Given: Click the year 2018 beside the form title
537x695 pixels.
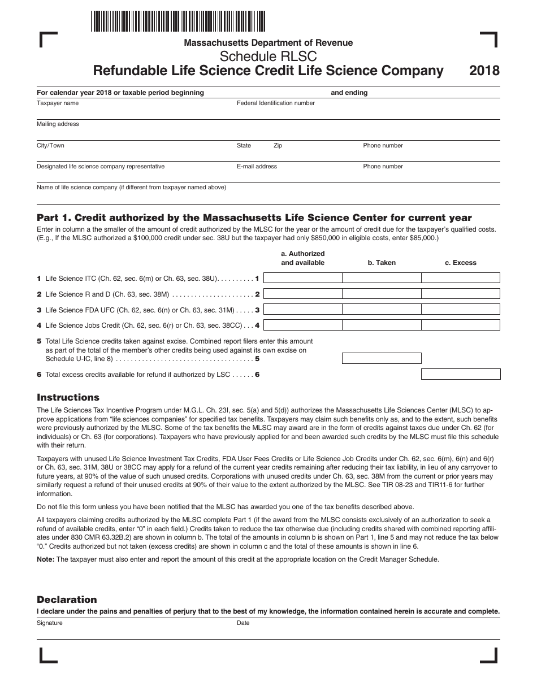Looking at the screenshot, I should (484, 71).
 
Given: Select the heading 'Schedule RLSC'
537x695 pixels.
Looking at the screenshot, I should (268, 57).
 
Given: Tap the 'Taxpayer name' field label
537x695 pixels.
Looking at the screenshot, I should (58, 103).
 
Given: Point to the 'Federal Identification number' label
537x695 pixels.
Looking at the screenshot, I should (275, 103).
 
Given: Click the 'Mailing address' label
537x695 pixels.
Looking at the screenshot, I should (58, 124).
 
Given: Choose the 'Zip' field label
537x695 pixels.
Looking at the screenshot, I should (278, 146).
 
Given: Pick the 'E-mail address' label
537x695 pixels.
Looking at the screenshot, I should (257, 167).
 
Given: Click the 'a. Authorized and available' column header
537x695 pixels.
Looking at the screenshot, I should (303, 258).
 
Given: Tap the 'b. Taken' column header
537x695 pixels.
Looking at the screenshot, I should (382, 263).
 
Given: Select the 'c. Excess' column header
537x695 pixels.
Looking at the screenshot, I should (461, 263).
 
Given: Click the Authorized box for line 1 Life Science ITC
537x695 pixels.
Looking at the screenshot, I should (303, 278).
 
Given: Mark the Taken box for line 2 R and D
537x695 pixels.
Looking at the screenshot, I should (382, 294).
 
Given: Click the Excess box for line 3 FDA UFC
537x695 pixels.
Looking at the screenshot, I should (461, 310).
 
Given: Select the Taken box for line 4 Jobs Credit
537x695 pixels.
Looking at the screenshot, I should (382, 325).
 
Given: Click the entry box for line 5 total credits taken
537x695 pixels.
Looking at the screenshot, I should (382, 358).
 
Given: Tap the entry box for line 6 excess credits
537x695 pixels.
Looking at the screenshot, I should (461, 374).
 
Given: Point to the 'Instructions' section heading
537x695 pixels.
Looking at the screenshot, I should (68, 397).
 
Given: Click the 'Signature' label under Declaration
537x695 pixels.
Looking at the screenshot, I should (50, 623).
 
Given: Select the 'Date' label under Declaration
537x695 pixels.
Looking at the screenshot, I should (243, 623).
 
